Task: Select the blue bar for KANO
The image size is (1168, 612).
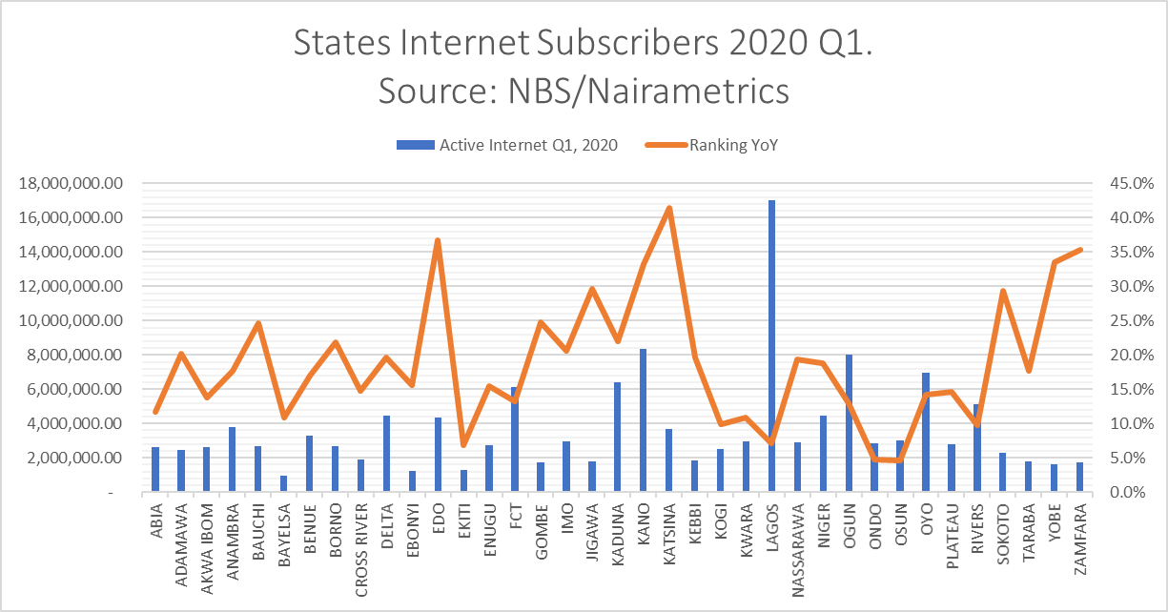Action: (643, 420)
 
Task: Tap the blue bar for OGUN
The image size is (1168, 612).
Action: (849, 423)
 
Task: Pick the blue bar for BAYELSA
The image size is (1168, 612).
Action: (283, 483)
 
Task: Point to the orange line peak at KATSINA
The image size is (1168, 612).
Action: (668, 208)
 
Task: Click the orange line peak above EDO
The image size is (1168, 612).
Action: (437, 240)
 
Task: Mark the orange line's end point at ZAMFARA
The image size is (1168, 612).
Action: (1080, 250)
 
